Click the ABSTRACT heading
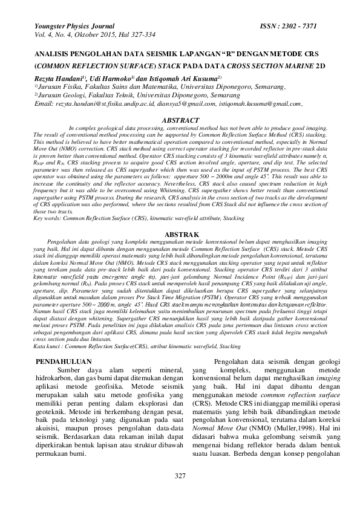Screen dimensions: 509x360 pyautogui.click(x=180, y=120)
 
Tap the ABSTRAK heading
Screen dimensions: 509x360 pyautogui.click(x=180, y=233)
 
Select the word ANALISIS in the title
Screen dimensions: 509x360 pyautogui.click(x=55, y=53)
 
